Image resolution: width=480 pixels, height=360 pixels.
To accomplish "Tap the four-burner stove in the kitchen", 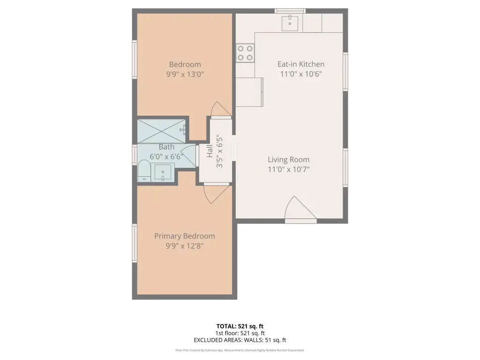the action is (245, 53).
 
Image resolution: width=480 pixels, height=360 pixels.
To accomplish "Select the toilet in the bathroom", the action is (144, 171).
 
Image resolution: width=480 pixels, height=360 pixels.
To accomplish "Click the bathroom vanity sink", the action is (163, 172).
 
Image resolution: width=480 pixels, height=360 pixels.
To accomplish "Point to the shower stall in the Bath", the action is (161, 131).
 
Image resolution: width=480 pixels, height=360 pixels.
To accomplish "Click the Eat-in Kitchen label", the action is (300, 64).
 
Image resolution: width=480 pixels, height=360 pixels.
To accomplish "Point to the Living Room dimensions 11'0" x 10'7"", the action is (289, 169).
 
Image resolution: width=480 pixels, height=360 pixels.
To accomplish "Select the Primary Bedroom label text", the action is (184, 236).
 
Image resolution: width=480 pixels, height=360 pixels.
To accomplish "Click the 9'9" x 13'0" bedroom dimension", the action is (185, 74).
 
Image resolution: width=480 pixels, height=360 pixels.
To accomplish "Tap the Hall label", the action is (210, 151).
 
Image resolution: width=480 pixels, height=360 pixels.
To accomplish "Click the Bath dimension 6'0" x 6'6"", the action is (166, 157).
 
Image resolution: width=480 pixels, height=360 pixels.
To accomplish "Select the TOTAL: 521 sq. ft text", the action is (240, 326).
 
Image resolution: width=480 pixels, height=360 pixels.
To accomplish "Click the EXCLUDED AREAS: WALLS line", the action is (240, 340).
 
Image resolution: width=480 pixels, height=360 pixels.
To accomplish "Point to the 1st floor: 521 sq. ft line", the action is (240, 333).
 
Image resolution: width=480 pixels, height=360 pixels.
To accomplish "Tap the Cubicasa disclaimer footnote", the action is (240, 350).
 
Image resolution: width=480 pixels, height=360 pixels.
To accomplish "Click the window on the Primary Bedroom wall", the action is (135, 243).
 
